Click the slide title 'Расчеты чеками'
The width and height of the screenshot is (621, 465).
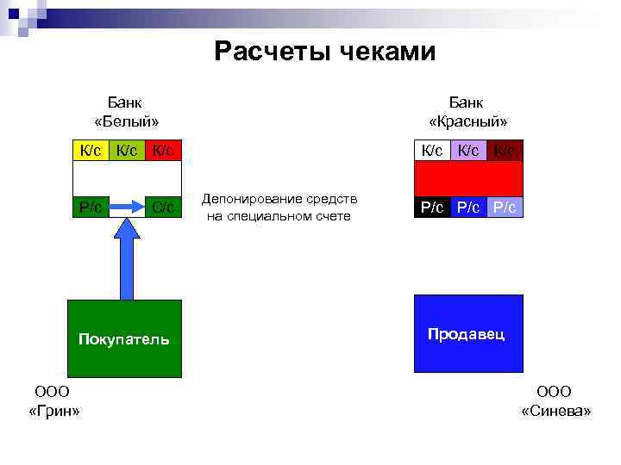pyautogui.click(x=325, y=52)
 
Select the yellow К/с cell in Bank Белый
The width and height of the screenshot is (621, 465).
pyautogui.click(x=91, y=151)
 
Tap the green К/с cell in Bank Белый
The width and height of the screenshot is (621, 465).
pyautogui.click(x=127, y=151)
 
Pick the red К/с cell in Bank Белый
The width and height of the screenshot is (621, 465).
pyautogui.click(x=163, y=151)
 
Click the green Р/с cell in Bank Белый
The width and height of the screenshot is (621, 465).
pyautogui.click(x=91, y=207)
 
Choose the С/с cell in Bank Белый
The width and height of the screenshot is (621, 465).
pyautogui.click(x=163, y=207)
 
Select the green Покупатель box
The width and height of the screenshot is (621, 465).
pyautogui.click(x=125, y=338)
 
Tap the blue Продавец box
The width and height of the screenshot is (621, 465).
pyautogui.click(x=468, y=333)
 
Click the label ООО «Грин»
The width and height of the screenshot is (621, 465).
pyautogui.click(x=53, y=401)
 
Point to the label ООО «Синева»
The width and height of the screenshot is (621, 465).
pyautogui.click(x=555, y=401)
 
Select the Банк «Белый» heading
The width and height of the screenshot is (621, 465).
pyautogui.click(x=126, y=111)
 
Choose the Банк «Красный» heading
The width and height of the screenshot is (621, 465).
pyautogui.click(x=467, y=111)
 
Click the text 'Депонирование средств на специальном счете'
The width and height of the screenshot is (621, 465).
pyautogui.click(x=279, y=208)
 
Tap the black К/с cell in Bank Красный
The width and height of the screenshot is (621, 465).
pyautogui.click(x=433, y=151)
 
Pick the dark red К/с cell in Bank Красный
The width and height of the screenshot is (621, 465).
pyautogui.click(x=505, y=151)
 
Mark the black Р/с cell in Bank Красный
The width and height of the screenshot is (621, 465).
pyautogui.click(x=433, y=208)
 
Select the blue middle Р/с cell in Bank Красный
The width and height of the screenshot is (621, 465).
pyautogui.click(x=469, y=208)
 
